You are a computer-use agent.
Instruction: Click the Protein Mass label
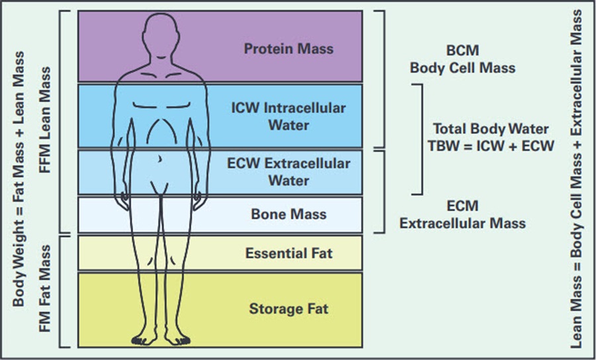pos(288,49)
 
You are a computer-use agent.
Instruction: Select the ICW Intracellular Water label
pos(289,116)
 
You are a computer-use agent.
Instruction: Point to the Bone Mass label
pos(288,214)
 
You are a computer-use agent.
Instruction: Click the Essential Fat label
pos(288,253)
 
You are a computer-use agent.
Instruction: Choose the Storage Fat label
pos(288,308)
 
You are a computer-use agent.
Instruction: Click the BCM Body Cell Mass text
pos(462,60)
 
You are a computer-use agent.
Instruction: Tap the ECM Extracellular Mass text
pos(462,215)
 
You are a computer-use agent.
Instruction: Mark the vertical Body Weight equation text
pos(20,179)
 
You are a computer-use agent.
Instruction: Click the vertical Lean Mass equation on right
pos(577,179)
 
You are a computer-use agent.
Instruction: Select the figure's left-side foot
pos(143,339)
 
